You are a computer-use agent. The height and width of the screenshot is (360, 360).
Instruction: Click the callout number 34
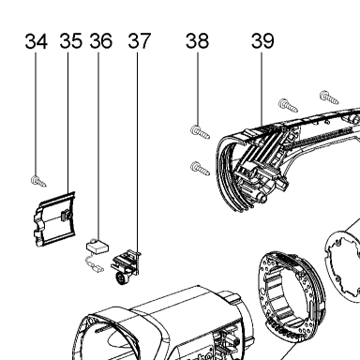pos(37,41)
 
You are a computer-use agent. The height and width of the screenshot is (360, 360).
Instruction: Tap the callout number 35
pos(71,41)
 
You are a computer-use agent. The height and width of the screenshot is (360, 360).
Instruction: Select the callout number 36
pos(101,41)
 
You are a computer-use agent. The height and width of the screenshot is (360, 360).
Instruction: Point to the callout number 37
pos(140,41)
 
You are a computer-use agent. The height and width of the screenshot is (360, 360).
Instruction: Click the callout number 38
pos(197,41)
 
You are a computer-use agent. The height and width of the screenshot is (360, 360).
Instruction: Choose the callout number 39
pos(262,41)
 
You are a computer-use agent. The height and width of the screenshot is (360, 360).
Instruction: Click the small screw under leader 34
pos(38,181)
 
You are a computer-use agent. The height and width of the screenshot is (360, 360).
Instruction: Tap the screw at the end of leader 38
pos(200,132)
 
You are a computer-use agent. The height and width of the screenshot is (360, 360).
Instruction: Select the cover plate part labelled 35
pos(54,219)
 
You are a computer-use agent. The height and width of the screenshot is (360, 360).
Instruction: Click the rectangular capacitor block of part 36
pos(97,247)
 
